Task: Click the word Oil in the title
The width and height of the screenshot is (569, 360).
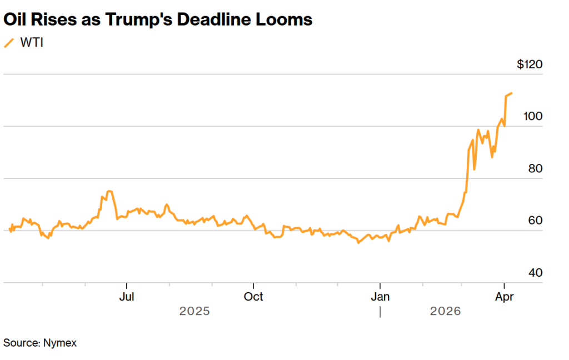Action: tap(17, 20)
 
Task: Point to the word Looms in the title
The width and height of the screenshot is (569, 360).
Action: tap(286, 20)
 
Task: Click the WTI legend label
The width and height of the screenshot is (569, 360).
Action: tap(31, 43)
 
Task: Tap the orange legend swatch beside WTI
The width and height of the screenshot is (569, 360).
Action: tap(9, 43)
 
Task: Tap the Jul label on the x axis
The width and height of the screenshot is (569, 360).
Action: tap(127, 297)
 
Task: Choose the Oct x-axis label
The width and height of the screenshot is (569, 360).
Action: tap(253, 297)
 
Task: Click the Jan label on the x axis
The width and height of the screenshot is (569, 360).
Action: tap(380, 297)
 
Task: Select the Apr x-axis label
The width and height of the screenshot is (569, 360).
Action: tap(504, 297)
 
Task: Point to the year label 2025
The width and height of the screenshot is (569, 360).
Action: tap(194, 312)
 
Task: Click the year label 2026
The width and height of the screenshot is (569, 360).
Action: tap(446, 312)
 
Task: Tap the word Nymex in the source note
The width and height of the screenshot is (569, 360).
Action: tap(59, 343)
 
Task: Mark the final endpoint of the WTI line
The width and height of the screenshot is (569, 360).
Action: tap(512, 93)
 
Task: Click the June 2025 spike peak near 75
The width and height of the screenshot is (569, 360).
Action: tap(109, 191)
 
